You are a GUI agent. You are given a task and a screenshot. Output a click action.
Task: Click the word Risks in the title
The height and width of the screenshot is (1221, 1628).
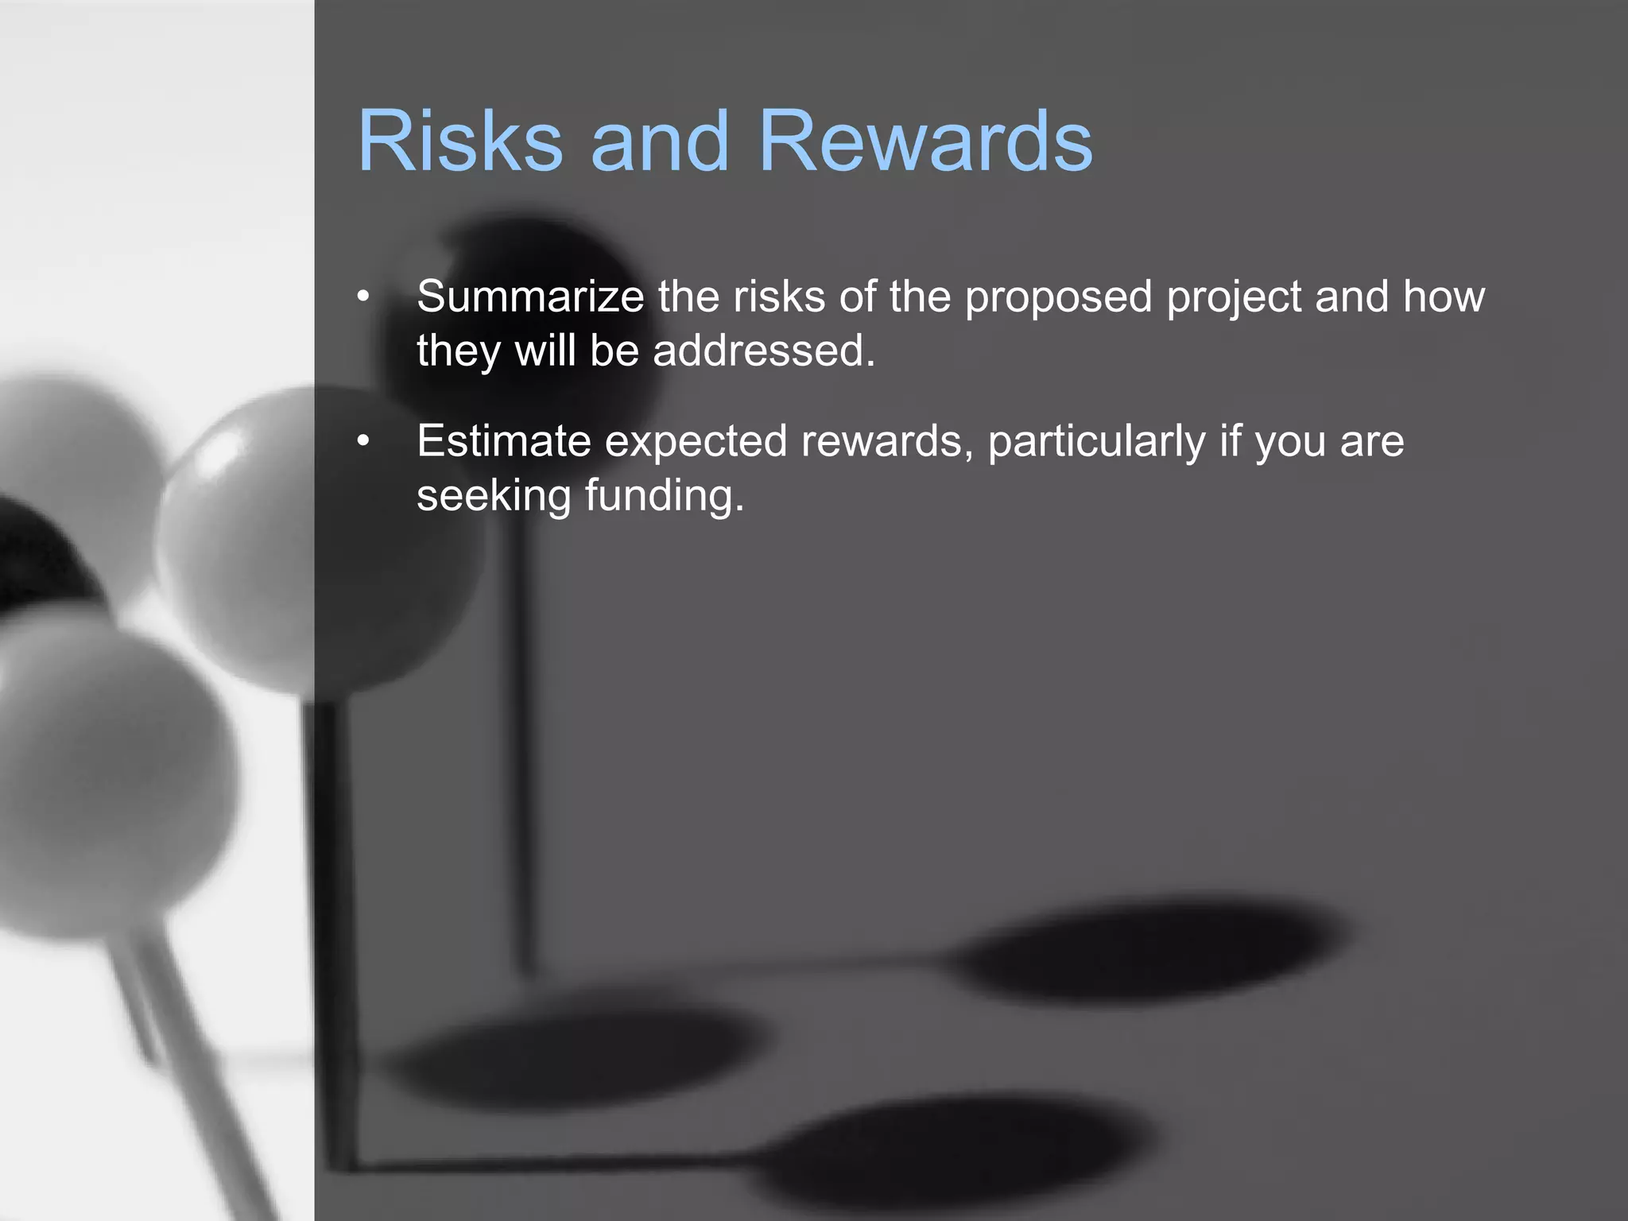point(459,141)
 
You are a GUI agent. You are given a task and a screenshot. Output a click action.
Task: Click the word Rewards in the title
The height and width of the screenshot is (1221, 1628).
point(926,141)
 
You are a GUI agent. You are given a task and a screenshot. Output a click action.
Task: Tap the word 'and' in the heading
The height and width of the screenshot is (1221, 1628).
point(659,141)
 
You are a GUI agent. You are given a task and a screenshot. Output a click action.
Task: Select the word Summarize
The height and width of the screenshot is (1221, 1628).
point(530,297)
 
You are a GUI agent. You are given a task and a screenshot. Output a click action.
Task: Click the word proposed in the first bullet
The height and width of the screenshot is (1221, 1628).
point(1058,298)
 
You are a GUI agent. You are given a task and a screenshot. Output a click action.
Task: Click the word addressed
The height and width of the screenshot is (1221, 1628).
point(763,351)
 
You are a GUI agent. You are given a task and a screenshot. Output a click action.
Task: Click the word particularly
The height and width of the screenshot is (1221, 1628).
point(1097,442)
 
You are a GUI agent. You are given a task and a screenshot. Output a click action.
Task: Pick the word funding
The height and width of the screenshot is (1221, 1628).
point(665,496)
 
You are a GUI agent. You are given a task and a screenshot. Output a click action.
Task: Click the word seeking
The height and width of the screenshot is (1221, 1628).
point(494,496)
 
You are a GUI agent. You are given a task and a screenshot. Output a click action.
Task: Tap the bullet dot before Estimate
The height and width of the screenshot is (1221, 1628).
point(363,441)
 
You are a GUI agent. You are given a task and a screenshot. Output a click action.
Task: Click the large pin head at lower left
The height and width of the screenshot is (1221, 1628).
point(103,771)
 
